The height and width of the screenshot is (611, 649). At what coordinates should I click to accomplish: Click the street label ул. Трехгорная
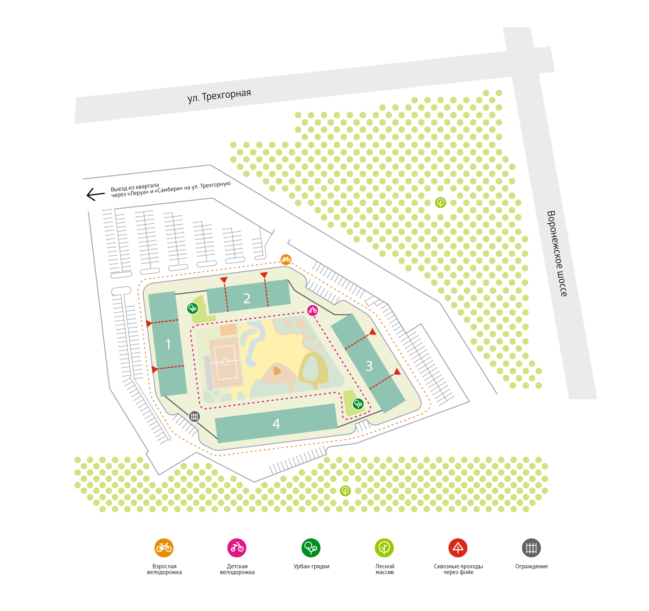point(219,95)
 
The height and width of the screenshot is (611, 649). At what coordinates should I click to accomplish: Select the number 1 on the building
point(168,345)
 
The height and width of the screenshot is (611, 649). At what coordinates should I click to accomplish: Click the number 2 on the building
point(247,299)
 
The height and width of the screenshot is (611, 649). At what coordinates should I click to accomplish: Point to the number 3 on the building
point(369,366)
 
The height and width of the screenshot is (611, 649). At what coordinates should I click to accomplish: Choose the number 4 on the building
point(276,424)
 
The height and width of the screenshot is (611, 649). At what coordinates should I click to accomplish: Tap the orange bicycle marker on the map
point(286,259)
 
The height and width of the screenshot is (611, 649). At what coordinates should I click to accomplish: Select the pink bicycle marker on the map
point(313,310)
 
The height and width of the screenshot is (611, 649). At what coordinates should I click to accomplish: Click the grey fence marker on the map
point(194,416)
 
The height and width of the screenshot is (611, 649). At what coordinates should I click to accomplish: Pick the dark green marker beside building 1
point(192,308)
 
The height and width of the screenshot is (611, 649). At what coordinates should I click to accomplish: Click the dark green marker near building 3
point(358,404)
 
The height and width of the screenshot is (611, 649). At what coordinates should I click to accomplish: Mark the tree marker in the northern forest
point(440,202)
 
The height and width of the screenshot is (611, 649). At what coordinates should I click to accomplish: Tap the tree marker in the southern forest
point(345,491)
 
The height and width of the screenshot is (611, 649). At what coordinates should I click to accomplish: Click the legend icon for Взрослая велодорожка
point(164,548)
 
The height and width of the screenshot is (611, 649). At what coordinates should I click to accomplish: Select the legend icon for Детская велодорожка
point(237,548)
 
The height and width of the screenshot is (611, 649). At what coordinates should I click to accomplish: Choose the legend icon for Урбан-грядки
point(311,548)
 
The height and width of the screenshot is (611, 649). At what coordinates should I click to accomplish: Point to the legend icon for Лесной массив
point(384,548)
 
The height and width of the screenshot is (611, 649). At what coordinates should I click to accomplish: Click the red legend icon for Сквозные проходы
point(458,548)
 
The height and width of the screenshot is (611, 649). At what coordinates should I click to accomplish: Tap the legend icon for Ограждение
point(531,548)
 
